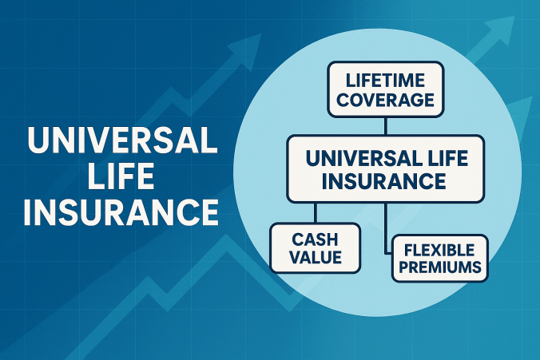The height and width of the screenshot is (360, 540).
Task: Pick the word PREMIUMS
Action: (x=439, y=267)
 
